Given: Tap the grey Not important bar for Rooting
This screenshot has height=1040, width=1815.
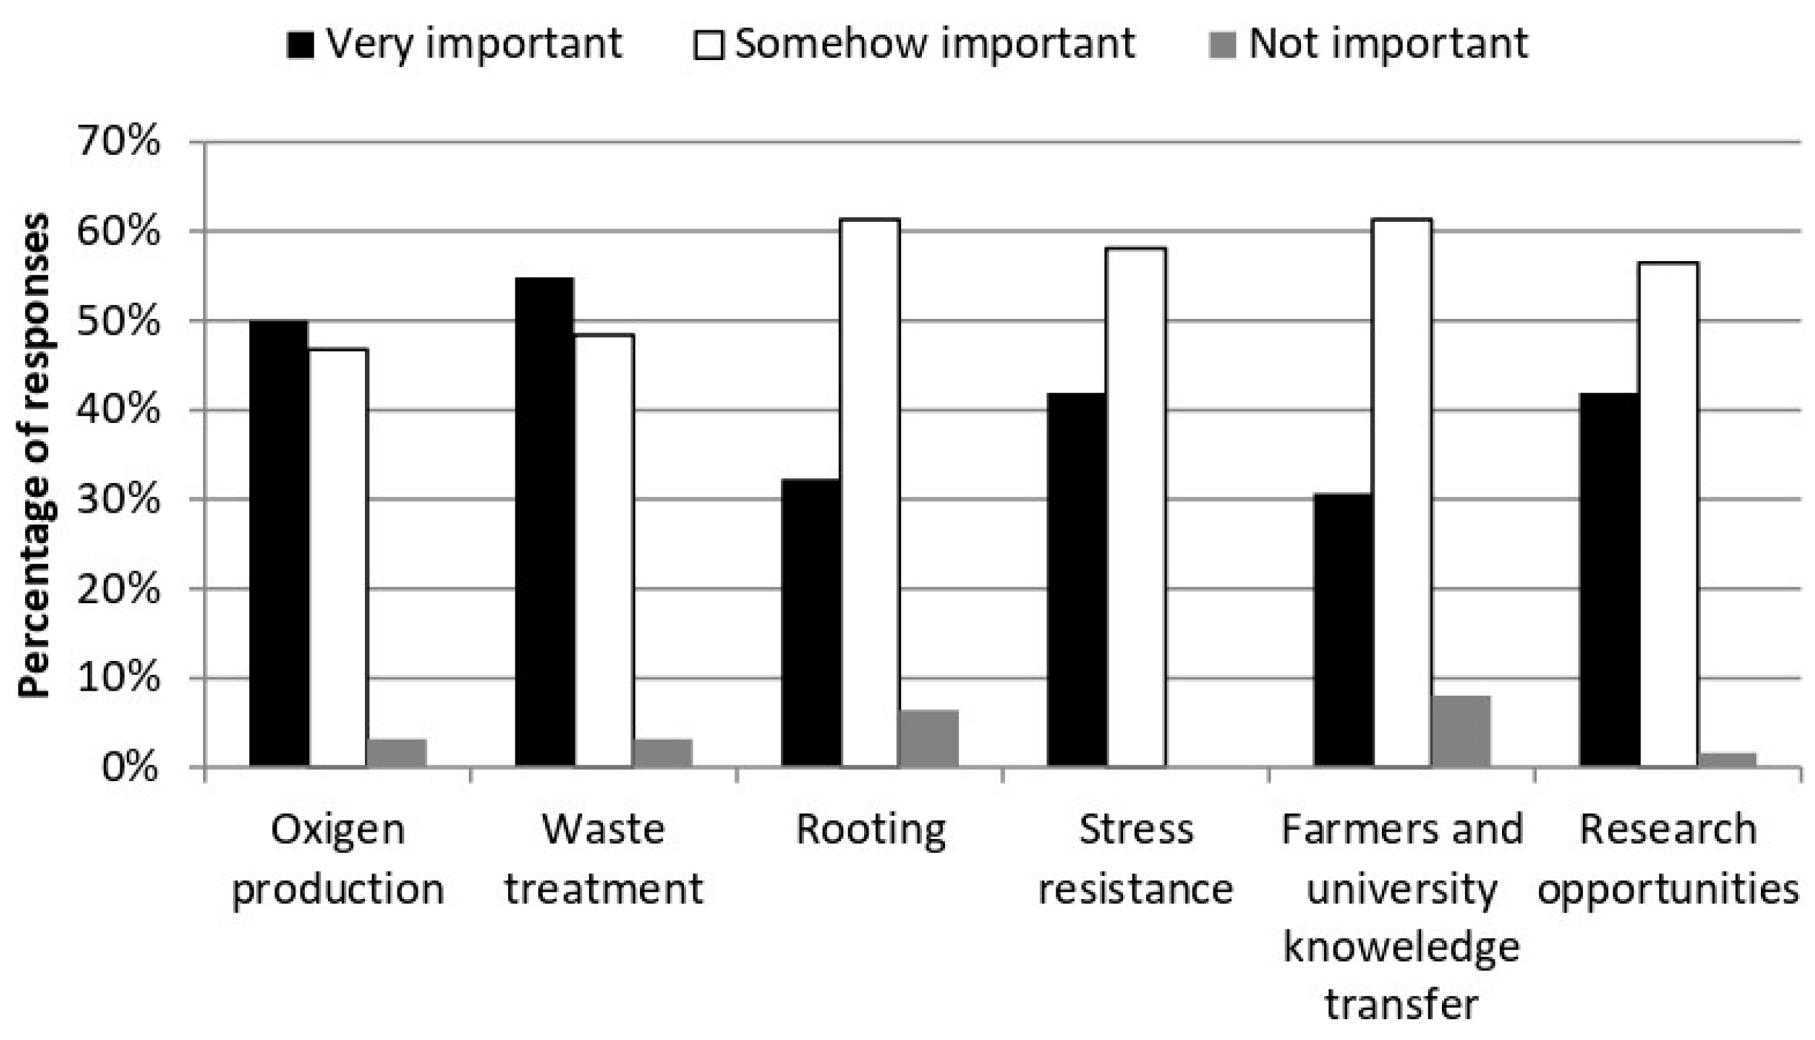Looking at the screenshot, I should point(928,738).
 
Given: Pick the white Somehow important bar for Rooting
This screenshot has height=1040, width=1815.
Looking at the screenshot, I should point(869,493).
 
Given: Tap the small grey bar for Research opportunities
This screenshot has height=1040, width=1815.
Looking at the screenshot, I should point(1727,760).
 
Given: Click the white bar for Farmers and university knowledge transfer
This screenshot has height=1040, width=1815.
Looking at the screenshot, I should point(1401,493).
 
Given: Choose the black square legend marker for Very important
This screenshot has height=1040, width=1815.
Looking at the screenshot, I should point(300,45).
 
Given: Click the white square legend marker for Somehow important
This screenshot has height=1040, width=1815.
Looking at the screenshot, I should point(708,45).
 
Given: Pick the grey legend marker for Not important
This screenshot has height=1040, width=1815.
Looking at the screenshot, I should point(1222,45).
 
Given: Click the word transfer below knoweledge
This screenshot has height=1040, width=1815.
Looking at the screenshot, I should point(1401,1005).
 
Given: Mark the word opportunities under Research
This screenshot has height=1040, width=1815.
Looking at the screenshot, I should point(1668,889).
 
